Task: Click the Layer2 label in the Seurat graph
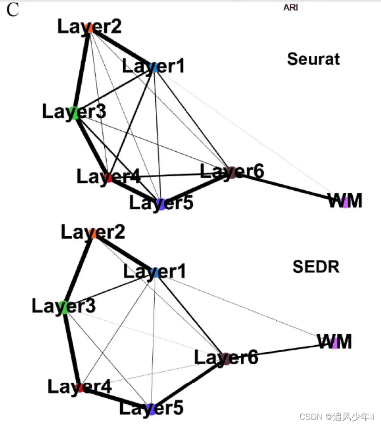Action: pyautogui.click(x=89, y=26)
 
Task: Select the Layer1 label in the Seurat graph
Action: pyautogui.click(x=153, y=66)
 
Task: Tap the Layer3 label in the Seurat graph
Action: pyautogui.click(x=74, y=112)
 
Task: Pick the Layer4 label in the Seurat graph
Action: pyautogui.click(x=108, y=177)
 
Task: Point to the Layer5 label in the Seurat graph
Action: pyautogui.click(x=161, y=203)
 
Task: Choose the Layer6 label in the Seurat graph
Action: pyautogui.click(x=232, y=172)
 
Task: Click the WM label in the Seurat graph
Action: pyautogui.click(x=345, y=200)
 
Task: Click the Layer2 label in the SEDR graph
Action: pyautogui.click(x=93, y=232)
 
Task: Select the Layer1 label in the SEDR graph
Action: pyautogui.click(x=155, y=271)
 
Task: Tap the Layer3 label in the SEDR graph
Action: pyautogui.click(x=64, y=306)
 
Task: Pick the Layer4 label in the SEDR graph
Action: pyautogui.click(x=80, y=387)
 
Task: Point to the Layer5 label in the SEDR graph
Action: pyautogui.click(x=152, y=408)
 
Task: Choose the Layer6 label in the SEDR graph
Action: pyautogui.click(x=226, y=357)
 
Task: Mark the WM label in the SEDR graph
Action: pyautogui.click(x=335, y=342)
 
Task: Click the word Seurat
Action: pyautogui.click(x=313, y=59)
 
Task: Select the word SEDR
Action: pyautogui.click(x=316, y=267)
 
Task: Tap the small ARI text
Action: pyautogui.click(x=291, y=7)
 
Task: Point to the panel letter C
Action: pyautogui.click(x=13, y=10)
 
